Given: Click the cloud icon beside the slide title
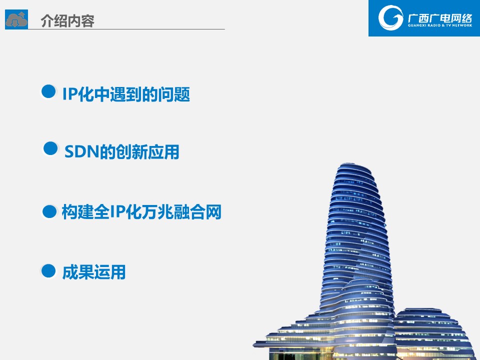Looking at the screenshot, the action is (16, 19).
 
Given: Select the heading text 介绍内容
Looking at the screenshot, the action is (67, 21).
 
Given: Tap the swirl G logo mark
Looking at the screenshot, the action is (390, 18).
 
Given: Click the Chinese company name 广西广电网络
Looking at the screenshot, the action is (440, 18).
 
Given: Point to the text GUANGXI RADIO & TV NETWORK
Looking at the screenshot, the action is (440, 25).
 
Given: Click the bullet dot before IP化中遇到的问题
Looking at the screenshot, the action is (48, 91).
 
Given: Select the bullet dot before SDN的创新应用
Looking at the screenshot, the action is (50, 148).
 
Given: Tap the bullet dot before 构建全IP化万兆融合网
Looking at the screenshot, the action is (49, 211).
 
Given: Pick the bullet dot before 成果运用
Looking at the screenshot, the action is (48, 271).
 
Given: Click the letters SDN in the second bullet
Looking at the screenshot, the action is (82, 151).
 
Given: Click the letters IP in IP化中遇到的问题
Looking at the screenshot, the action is (70, 93).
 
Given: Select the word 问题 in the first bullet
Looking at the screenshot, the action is (174, 94).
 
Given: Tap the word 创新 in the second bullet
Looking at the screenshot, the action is (131, 152).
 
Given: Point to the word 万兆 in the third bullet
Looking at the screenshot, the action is (157, 212).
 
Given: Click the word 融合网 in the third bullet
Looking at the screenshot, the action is (197, 212).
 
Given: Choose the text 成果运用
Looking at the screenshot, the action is (94, 272).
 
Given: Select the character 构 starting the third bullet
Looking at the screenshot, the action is (70, 212).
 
